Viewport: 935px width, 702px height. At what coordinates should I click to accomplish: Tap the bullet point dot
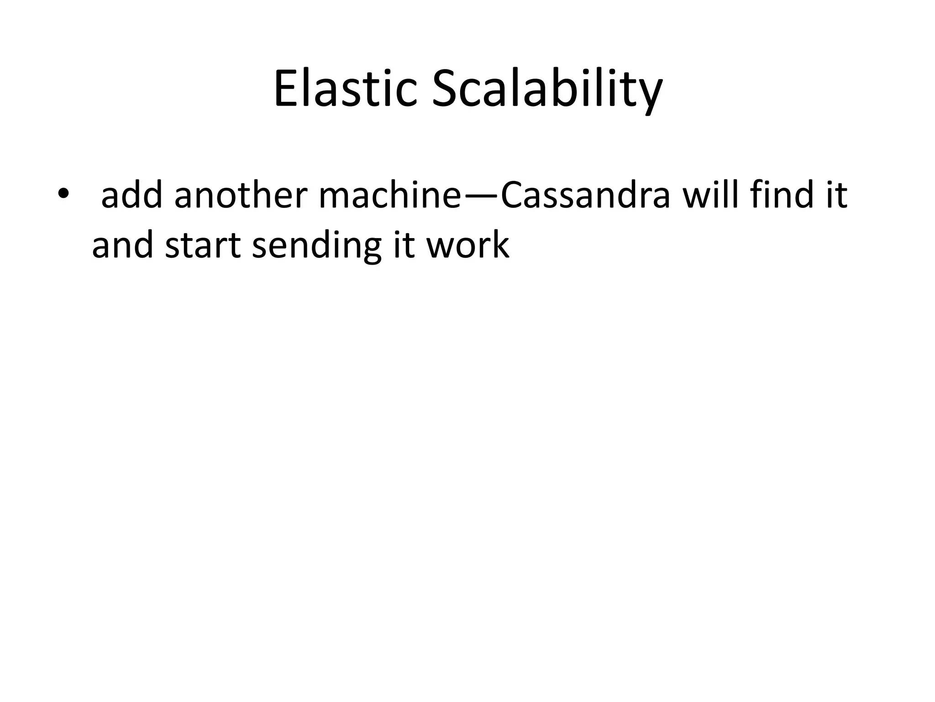[x=63, y=194]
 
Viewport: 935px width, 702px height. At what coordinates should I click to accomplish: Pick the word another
[x=241, y=196]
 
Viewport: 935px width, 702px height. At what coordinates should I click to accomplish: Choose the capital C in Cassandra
[x=514, y=196]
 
